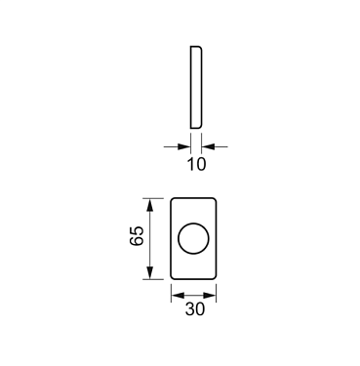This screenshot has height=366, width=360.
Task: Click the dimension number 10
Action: [x=195, y=165]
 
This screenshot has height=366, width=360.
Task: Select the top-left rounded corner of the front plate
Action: [x=175, y=201]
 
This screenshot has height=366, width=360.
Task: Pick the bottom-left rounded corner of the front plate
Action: [x=175, y=276]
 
